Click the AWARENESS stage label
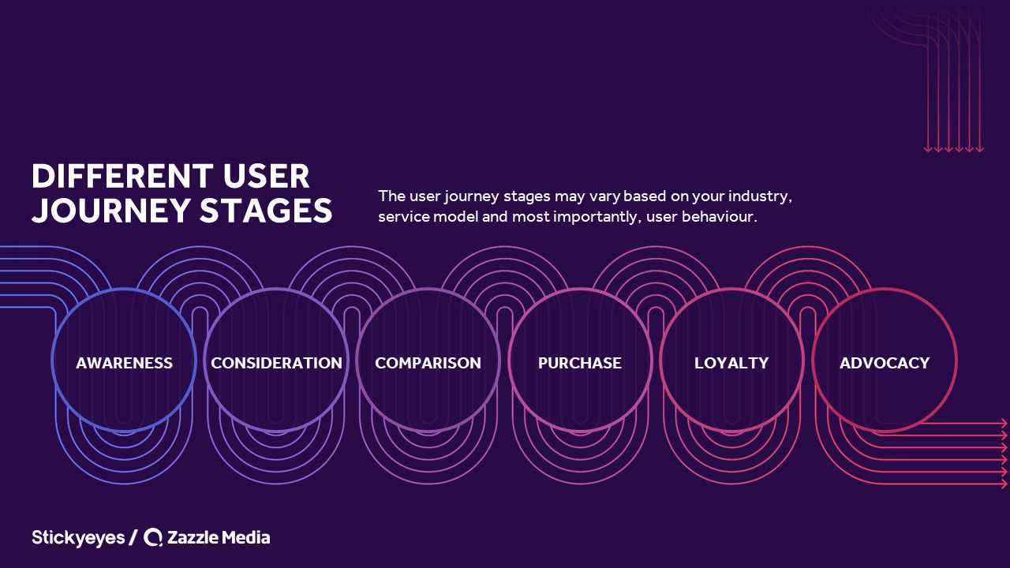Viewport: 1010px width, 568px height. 124,363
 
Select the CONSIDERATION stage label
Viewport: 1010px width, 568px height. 276,363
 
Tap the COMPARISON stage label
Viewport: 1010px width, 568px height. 428,363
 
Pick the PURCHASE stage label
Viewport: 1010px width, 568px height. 580,363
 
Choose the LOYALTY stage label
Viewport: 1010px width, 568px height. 731,363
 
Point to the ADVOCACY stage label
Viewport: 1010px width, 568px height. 885,363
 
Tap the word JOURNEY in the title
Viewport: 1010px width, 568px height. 111,211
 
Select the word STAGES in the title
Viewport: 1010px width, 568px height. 266,211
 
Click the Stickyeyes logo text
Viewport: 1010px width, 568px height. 78,538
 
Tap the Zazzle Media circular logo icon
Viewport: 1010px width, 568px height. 153,537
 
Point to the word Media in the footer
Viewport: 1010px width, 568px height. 246,537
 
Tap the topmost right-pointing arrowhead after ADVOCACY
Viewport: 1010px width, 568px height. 1004,424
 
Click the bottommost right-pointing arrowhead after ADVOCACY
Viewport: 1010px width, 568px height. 1004,484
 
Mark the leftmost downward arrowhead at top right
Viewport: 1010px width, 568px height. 928,149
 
